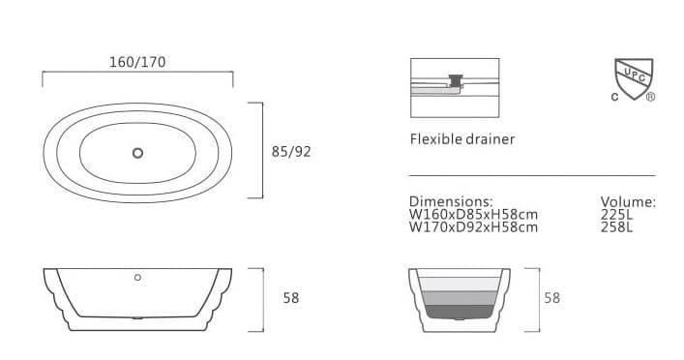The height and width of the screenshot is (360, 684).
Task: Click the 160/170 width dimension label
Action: (x=137, y=62)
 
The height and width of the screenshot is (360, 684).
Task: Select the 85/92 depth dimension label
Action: (x=291, y=151)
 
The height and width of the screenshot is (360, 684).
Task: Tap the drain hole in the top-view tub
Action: (x=137, y=152)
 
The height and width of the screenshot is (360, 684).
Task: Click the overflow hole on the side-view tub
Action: (x=137, y=278)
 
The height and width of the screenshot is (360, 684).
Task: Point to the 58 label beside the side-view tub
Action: (x=291, y=298)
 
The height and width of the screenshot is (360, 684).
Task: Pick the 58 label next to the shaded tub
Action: (x=551, y=298)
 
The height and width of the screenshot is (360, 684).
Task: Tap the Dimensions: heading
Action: (x=451, y=201)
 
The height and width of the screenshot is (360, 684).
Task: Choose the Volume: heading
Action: (x=628, y=201)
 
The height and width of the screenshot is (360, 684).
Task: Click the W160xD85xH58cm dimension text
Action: (x=473, y=215)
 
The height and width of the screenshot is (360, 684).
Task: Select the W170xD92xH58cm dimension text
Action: (x=473, y=227)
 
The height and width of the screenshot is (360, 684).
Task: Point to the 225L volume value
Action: (x=616, y=215)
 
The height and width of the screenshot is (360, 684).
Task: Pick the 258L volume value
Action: (x=616, y=227)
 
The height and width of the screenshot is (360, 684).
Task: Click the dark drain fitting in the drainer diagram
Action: (x=458, y=77)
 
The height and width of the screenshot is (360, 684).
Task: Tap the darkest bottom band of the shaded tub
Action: (x=461, y=312)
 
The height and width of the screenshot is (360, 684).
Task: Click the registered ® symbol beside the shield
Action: (x=650, y=97)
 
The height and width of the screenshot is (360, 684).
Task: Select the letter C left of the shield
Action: (x=613, y=97)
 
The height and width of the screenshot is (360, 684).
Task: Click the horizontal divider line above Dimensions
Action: (x=531, y=176)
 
